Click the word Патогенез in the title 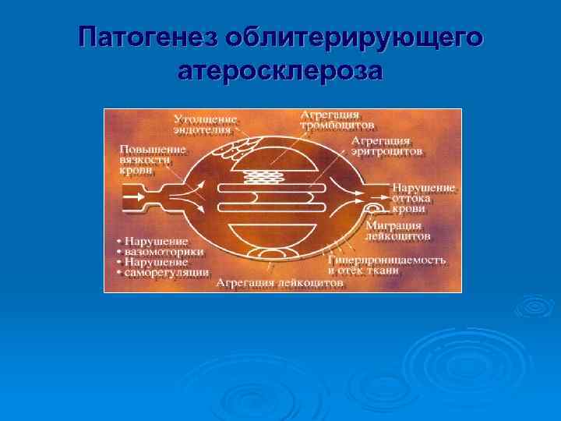pos(146,37)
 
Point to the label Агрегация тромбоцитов pos(337,119)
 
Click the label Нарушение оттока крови pos(423,198)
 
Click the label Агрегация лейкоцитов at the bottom pos(279,283)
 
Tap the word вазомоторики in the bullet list pos(163,252)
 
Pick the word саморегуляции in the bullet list pos(166,273)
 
